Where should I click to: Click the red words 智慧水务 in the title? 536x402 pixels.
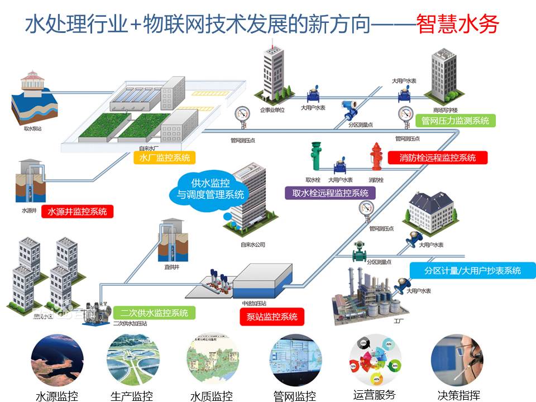click(458, 24)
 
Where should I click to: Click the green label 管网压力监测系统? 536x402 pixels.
click(456, 120)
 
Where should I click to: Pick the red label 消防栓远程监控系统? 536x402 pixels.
click(438, 157)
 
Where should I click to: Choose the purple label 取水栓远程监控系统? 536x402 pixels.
click(330, 193)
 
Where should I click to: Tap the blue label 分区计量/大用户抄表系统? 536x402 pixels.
click(472, 270)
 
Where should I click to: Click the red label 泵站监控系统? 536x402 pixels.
click(272, 317)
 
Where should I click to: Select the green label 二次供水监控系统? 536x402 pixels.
click(154, 313)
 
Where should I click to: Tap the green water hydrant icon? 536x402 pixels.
click(315, 157)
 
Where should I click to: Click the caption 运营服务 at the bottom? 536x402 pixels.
click(374, 394)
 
